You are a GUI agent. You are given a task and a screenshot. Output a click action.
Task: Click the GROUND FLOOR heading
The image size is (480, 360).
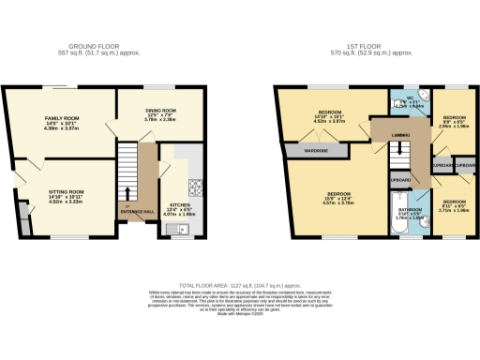[x=94, y=44]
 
